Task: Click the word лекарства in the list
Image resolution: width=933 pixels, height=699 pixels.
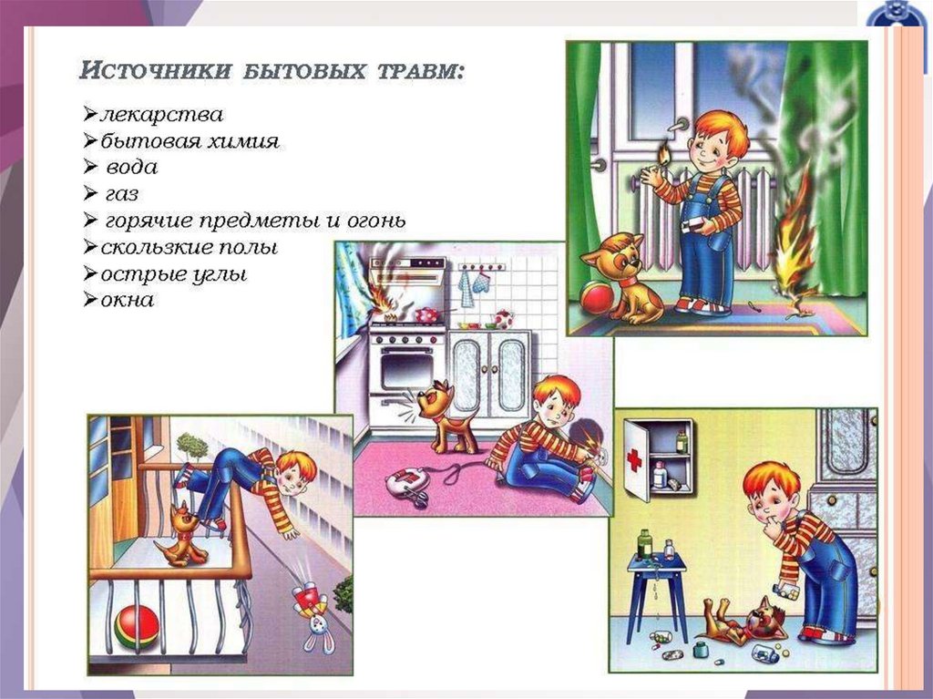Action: (x=162, y=114)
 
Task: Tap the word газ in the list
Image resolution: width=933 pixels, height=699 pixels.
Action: (x=122, y=194)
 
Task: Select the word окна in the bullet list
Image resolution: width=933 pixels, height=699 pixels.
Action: (x=128, y=300)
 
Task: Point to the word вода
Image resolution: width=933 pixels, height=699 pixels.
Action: (x=131, y=168)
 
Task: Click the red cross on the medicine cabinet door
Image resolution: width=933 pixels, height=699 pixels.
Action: (x=634, y=460)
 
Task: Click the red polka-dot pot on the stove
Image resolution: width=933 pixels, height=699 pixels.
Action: (x=426, y=314)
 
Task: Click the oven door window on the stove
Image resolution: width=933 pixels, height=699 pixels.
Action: (x=407, y=372)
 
